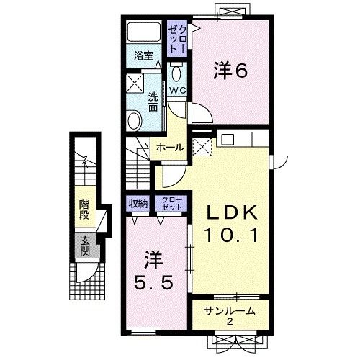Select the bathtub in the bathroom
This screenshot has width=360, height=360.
pyautogui.click(x=143, y=32)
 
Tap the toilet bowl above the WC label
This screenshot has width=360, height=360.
pyautogui.click(x=176, y=73)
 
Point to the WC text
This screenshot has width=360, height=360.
pyautogui.click(x=176, y=90)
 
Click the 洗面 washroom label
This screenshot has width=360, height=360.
pyautogui.click(x=153, y=101)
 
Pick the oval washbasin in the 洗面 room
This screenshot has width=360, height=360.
pyautogui.click(x=135, y=121)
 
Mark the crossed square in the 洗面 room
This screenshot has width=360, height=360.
pyautogui.click(x=135, y=81)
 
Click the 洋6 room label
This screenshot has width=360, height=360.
pyautogui.click(x=230, y=71)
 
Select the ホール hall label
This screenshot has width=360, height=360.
pyautogui.click(x=170, y=147)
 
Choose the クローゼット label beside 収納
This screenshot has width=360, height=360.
pyautogui.click(x=171, y=202)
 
